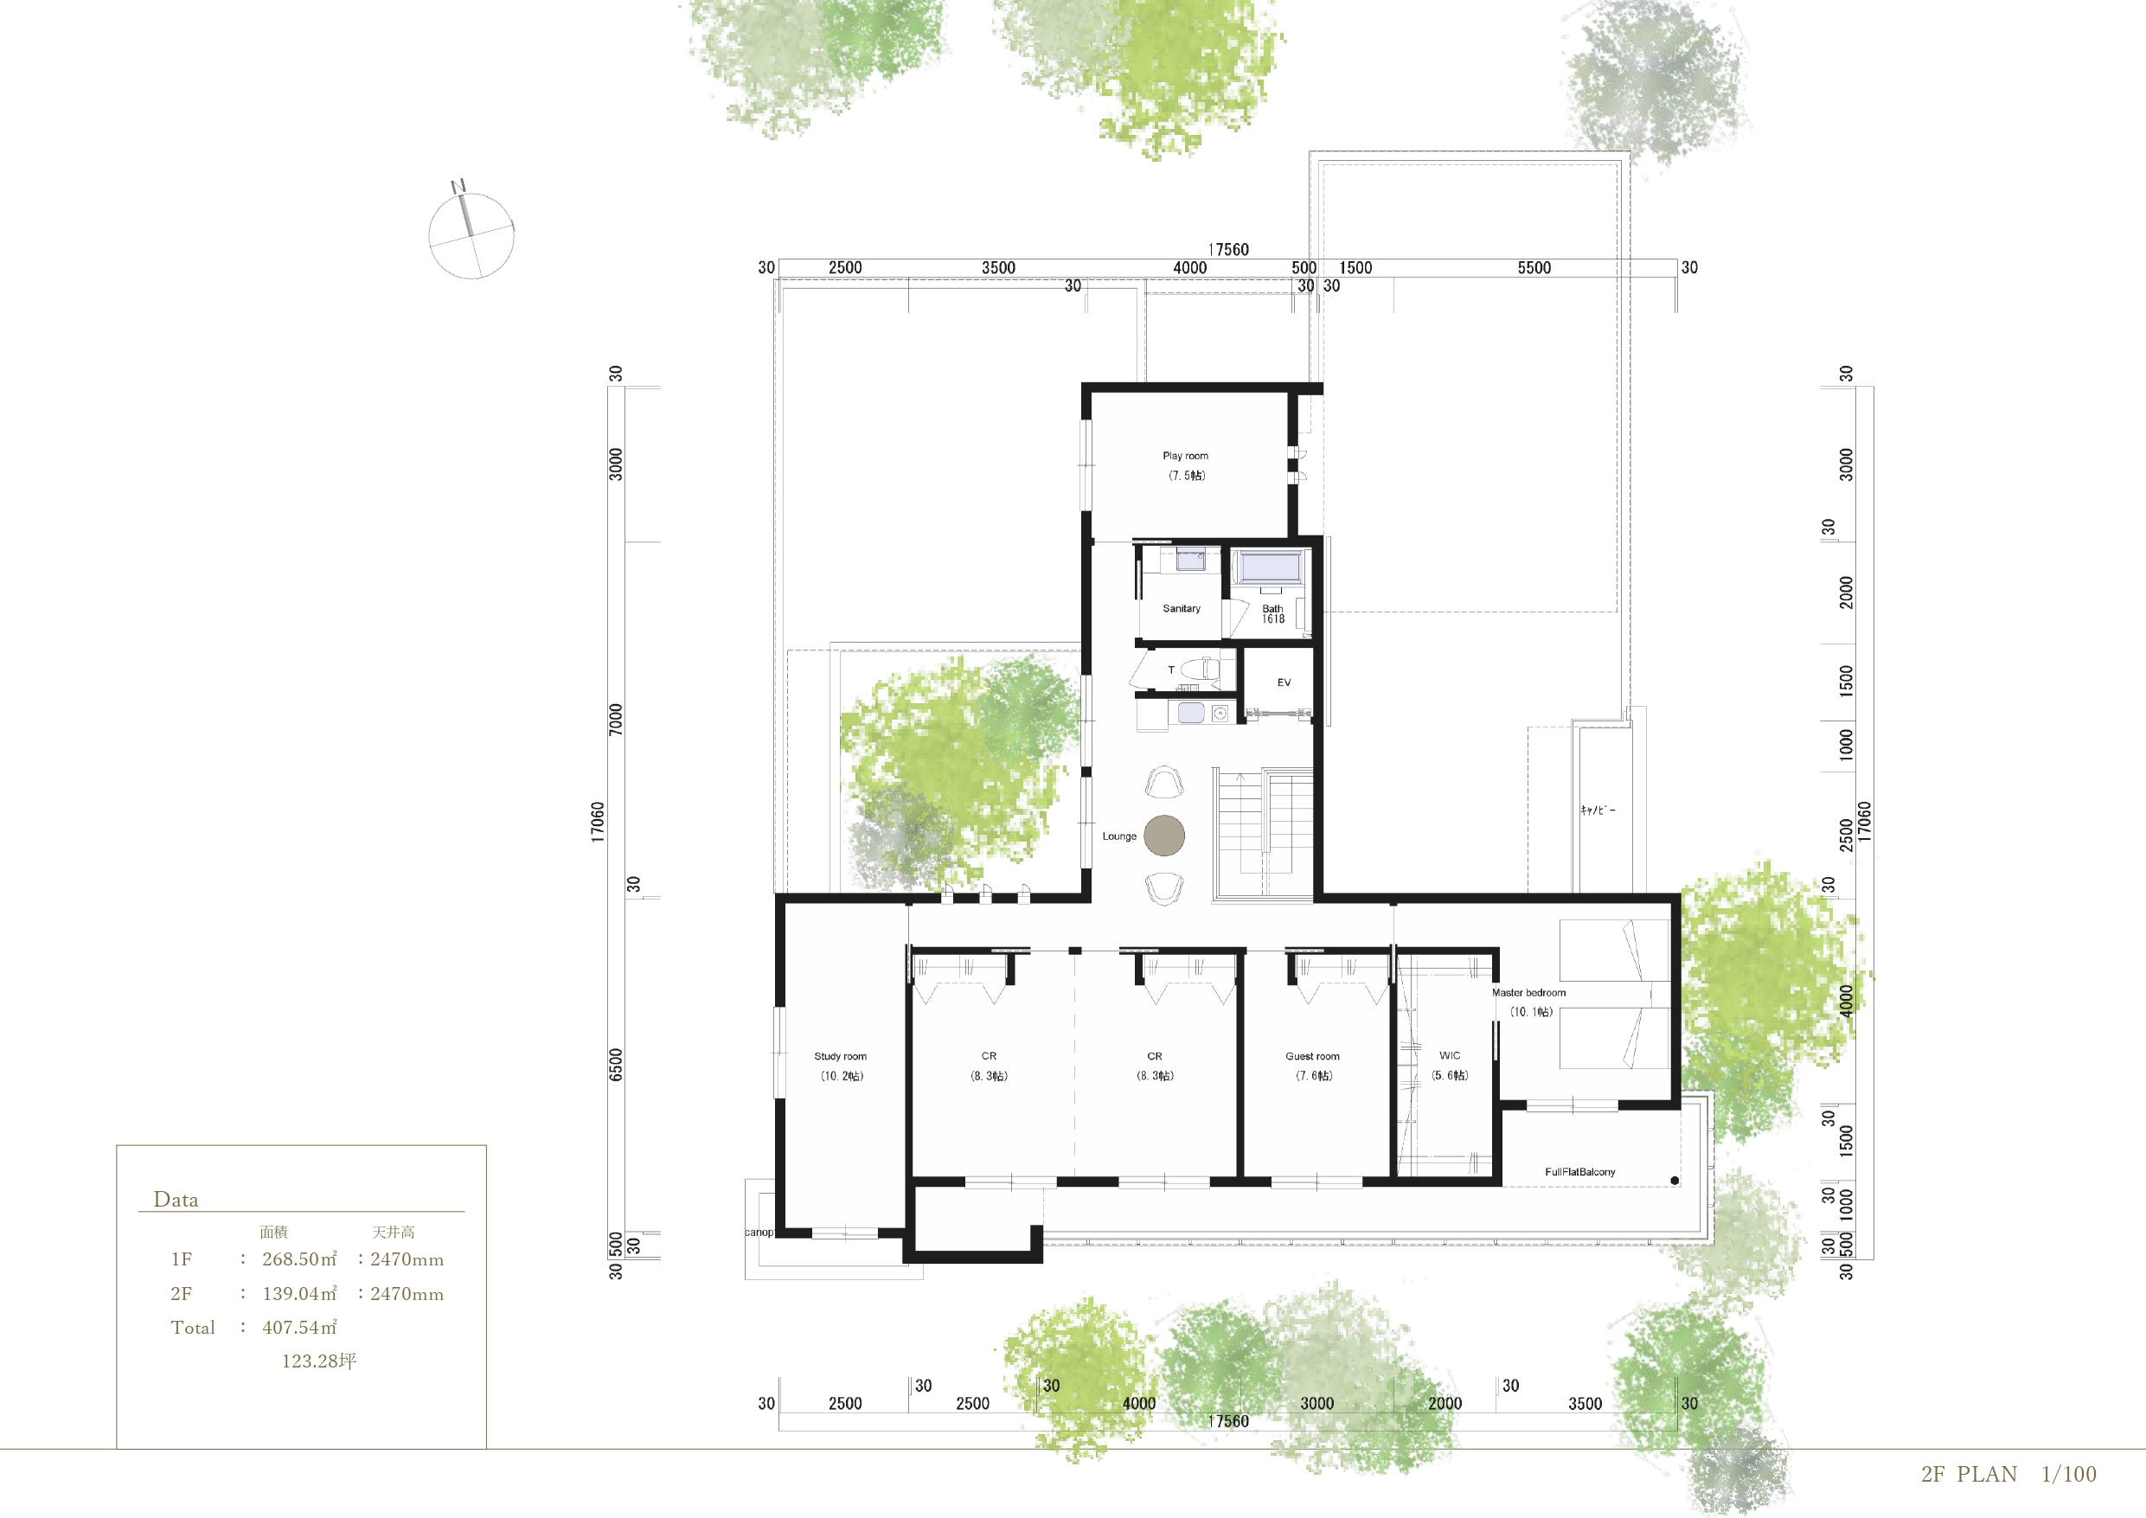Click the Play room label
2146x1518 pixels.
[1185, 456]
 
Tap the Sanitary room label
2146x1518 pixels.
[1182, 609]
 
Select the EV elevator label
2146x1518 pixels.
[1284, 682]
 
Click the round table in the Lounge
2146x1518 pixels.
[1164, 836]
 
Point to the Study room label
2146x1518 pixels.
[840, 1056]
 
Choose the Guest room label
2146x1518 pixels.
[1312, 1056]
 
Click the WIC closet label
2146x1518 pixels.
[1450, 1055]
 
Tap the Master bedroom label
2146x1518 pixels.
[1529, 993]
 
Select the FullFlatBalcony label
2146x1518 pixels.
[1579, 1172]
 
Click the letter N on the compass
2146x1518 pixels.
[458, 186]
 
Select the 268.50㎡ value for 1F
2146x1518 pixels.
[299, 1259]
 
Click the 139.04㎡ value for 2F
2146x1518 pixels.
[299, 1294]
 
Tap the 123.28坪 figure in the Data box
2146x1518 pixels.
[318, 1361]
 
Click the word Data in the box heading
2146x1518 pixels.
[176, 1199]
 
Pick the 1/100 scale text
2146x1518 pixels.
[2068, 1474]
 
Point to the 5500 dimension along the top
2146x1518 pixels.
[1534, 268]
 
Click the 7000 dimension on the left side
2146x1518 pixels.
[615, 719]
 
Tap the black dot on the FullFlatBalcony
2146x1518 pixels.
[1675, 1181]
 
